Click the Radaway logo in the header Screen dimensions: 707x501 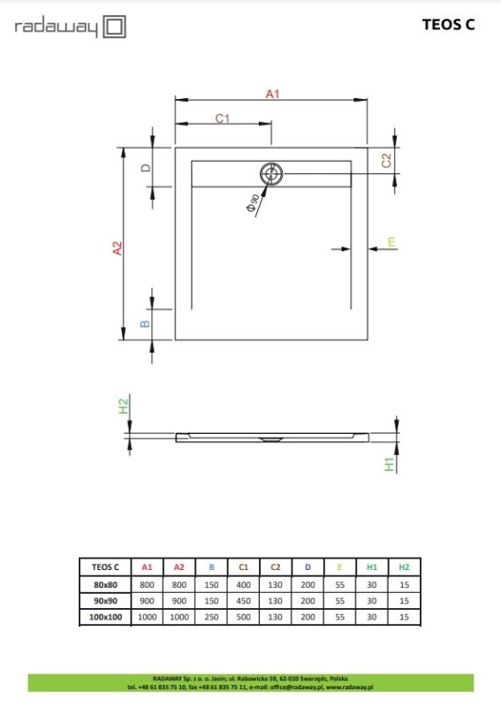coord(70,27)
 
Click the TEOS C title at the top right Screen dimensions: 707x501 coord(448,25)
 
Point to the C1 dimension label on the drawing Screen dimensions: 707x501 coord(223,118)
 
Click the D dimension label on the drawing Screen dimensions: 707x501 coord(147,167)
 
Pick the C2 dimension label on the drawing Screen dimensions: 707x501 coord(385,161)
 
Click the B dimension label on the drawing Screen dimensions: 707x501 coord(147,323)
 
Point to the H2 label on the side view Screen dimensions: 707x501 coord(124,407)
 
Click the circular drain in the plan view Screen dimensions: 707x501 coord(272,173)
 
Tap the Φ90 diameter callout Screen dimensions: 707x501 coord(253,203)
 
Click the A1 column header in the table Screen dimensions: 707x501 coord(148,567)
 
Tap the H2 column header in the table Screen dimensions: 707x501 coord(404,567)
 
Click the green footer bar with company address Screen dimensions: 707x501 coord(250,681)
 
